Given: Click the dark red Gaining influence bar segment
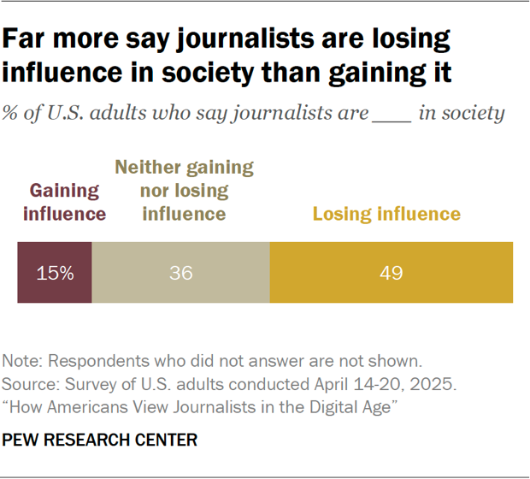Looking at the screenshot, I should (54, 273).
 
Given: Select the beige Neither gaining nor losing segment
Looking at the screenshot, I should (180, 273).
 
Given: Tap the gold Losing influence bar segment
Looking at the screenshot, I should (392, 273).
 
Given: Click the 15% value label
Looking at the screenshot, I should (55, 274).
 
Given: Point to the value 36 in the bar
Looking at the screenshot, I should (180, 274).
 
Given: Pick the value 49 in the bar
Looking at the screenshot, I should (392, 274).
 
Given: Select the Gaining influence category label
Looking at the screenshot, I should (62, 202).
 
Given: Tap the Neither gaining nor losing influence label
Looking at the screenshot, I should (184, 190).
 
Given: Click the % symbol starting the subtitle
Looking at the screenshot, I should (12, 113).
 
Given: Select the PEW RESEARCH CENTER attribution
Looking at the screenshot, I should (101, 441).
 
